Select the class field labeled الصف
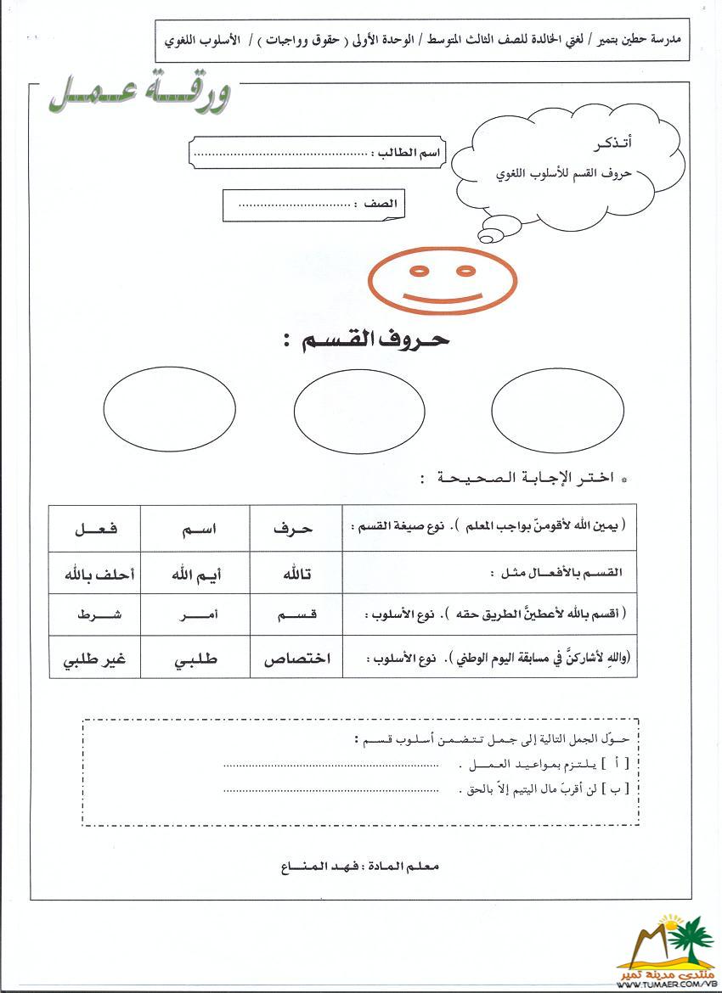[x=314, y=205]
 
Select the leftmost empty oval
[x=169, y=405]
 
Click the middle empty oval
[x=358, y=410]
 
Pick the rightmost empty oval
[x=556, y=406]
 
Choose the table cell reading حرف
[x=295, y=528]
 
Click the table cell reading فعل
[x=94, y=528]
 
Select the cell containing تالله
[x=295, y=575]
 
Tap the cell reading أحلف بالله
[x=94, y=575]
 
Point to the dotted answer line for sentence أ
[x=331, y=765]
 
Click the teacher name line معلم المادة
[x=360, y=867]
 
